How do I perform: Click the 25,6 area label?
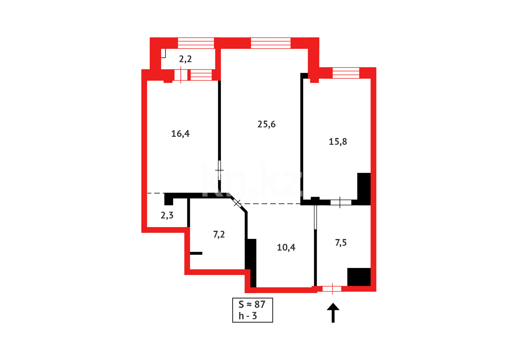point(266,124)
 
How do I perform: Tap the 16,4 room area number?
point(180,134)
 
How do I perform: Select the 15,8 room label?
point(338,142)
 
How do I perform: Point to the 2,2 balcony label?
point(185,59)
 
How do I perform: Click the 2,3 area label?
point(167,215)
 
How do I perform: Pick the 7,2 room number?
point(219,235)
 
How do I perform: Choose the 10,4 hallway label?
point(286,247)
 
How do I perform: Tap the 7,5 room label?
point(341,243)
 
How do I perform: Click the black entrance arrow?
point(333,312)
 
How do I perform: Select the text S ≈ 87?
point(252,304)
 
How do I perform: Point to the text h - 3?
point(248,316)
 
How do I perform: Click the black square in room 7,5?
point(359,277)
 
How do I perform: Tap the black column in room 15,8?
point(364,188)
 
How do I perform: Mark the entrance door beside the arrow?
point(332,289)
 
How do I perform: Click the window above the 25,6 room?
point(270,43)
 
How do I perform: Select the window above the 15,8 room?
point(346,73)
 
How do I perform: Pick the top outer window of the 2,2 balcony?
point(196,43)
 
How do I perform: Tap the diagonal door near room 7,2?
point(237,202)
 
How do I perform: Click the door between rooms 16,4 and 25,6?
point(219,170)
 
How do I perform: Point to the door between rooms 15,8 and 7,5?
point(340,202)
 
